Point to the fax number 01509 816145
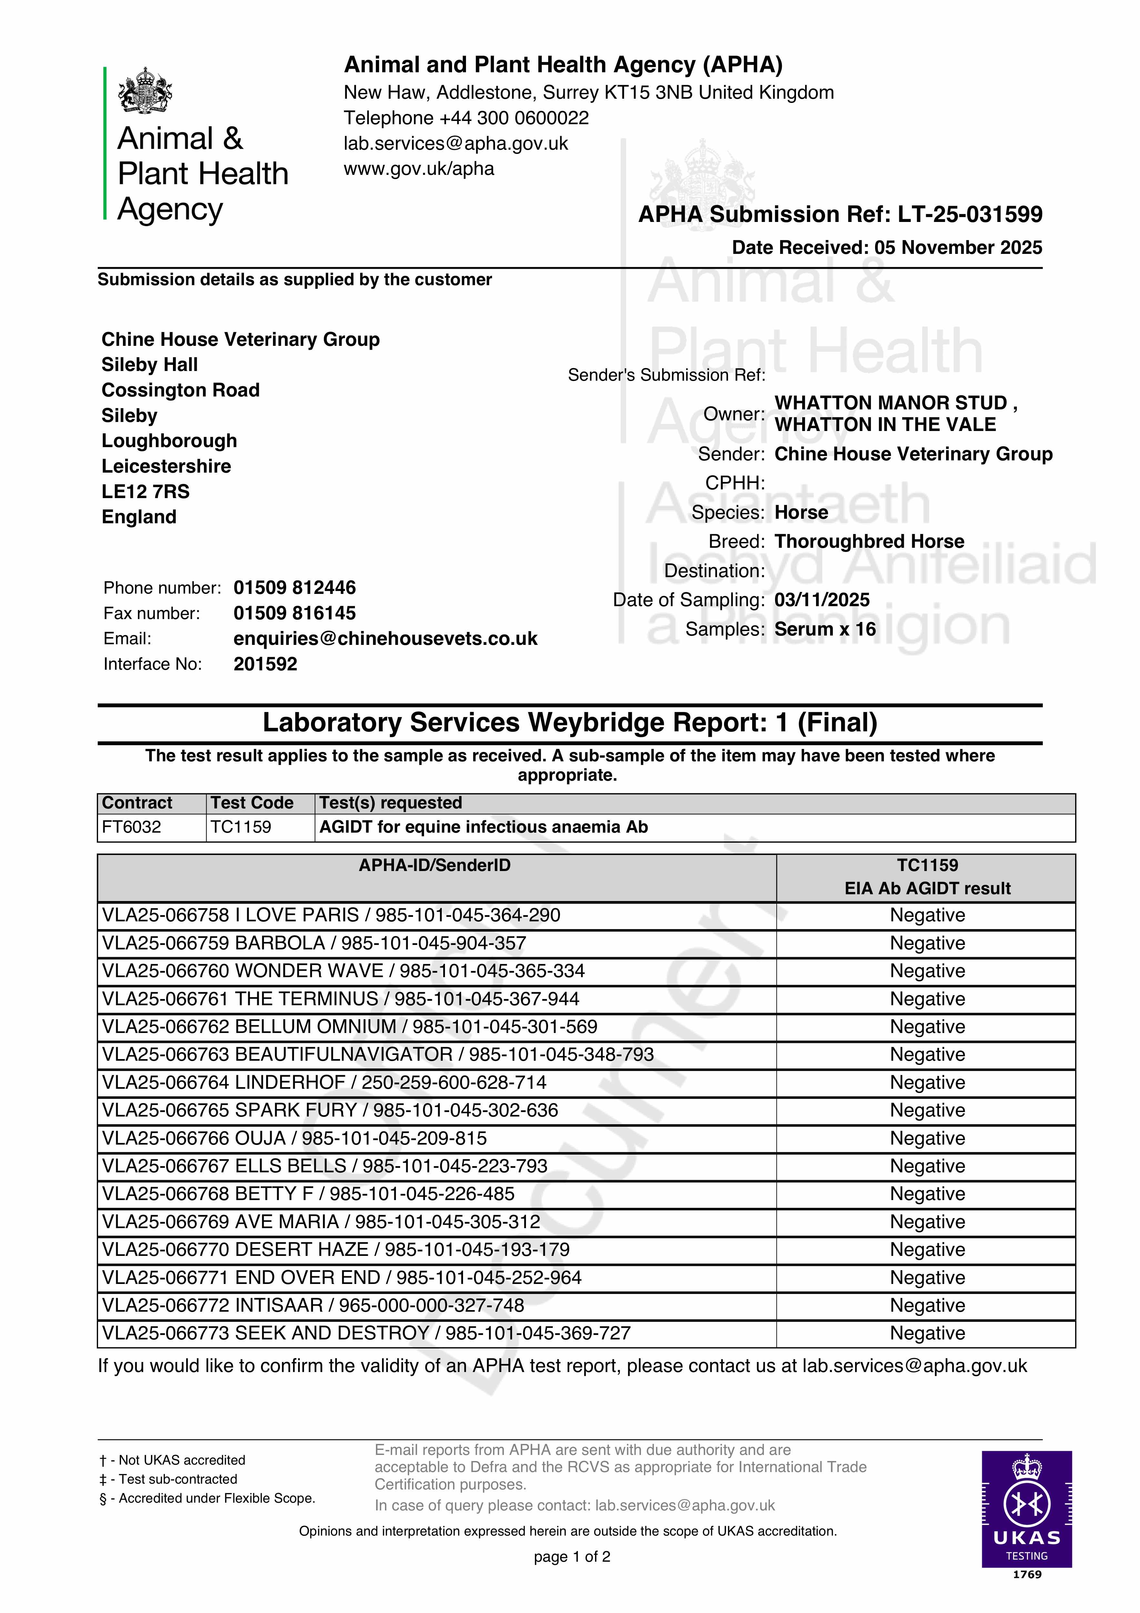pos(295,613)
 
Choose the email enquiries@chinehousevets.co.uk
pos(385,639)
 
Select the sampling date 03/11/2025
pos(822,600)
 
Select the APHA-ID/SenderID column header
pos(434,866)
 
